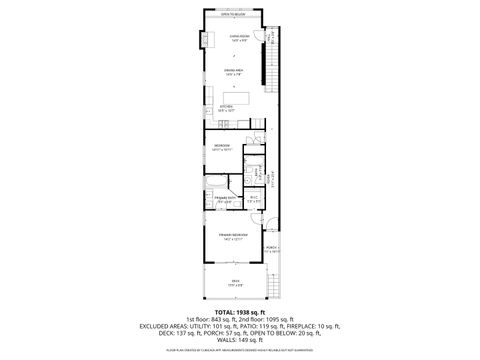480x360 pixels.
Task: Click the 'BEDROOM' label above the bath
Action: [x=222, y=147]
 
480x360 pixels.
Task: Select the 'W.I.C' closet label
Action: [x=254, y=197]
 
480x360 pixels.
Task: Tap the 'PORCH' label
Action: [x=270, y=248]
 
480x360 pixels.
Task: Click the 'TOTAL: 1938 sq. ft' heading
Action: [x=239, y=312]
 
